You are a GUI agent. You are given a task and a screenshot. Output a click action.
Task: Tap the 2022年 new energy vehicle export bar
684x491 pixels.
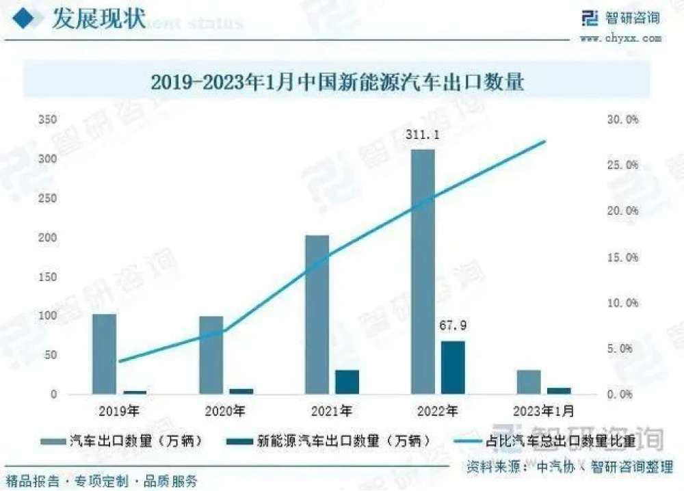453,367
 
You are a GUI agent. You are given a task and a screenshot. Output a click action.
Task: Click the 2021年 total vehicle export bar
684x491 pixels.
317,315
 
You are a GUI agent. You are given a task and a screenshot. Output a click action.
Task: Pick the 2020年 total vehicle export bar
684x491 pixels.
211,355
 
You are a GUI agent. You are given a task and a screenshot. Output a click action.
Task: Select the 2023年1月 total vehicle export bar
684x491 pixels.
529,382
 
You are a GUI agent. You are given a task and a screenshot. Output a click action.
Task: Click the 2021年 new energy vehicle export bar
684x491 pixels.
347,382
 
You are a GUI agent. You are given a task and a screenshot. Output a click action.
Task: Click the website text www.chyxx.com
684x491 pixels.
620,38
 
